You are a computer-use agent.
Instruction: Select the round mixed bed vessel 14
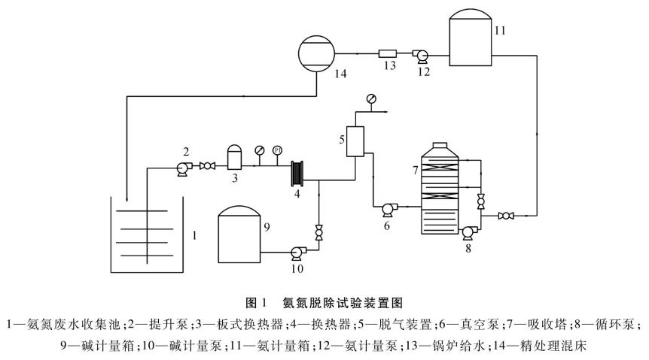click(316, 53)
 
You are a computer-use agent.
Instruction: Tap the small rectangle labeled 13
click(387, 53)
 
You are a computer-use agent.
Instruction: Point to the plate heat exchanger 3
click(233, 159)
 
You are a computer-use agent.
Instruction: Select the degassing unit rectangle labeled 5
click(355, 140)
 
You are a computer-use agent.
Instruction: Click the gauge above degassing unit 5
click(370, 98)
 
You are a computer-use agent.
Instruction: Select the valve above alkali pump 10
click(318, 232)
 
